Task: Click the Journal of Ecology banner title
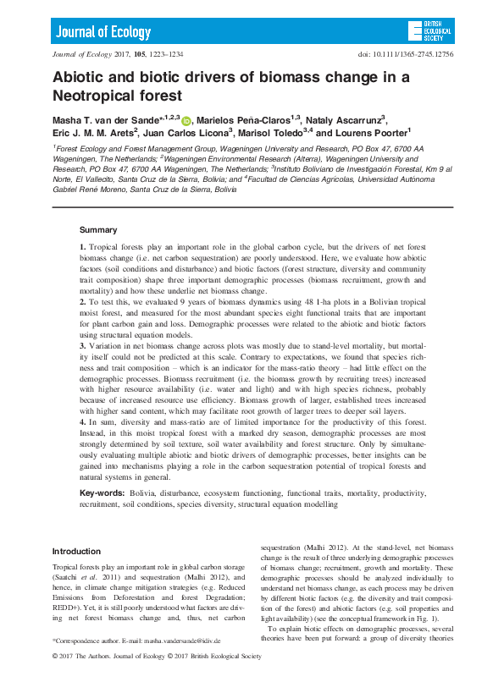pyautogui.click(x=103, y=32)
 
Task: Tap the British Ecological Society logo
pyautogui.click(x=429, y=31)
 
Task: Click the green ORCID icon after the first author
pyautogui.click(x=186, y=120)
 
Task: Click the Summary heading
pyautogui.click(x=98, y=229)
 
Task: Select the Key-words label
pyautogui.click(x=102, y=492)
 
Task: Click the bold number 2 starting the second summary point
pyautogui.click(x=82, y=301)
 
